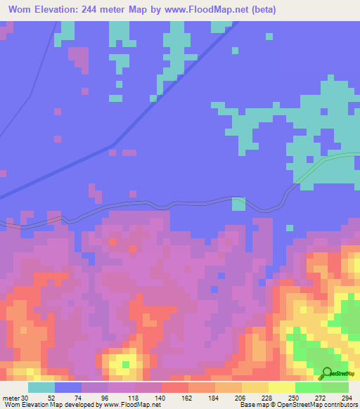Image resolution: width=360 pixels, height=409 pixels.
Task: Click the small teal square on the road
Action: coord(238,204)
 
